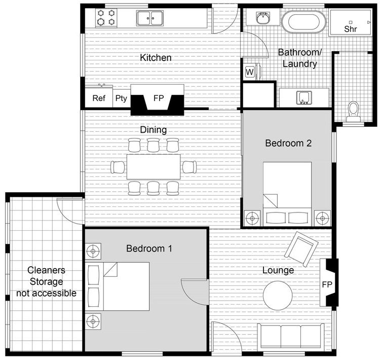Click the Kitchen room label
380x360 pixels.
pos(156,58)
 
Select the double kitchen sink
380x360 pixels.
pos(150,18)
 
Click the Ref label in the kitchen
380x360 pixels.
pos(99,98)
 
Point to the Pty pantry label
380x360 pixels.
pos(121,98)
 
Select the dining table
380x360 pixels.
pos(154,166)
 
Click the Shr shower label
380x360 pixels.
pos(351,29)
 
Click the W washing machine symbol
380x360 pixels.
pos(250,72)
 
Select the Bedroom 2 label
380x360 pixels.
pos(288,143)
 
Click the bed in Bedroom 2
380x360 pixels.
pos(287,193)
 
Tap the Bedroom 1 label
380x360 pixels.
pos(149,248)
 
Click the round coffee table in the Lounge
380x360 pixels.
pos(278,296)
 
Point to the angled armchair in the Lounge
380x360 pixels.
pos(301,248)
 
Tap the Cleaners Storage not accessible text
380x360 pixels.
pos(46,282)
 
